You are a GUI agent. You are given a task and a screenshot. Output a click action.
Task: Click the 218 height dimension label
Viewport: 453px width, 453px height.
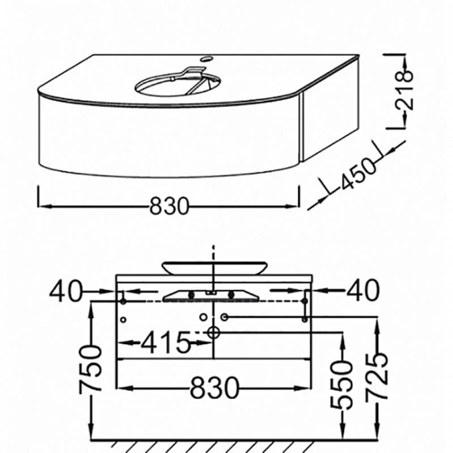[x=405, y=91]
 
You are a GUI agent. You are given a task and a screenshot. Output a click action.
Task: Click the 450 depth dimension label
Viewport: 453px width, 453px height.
[x=359, y=174]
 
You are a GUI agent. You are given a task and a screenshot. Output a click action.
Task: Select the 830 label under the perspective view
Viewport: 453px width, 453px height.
[x=169, y=206]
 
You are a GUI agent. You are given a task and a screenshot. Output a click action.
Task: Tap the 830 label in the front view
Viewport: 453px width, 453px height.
[x=215, y=388]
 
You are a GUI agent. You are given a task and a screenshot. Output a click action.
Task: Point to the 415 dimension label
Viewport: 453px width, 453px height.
[x=166, y=343]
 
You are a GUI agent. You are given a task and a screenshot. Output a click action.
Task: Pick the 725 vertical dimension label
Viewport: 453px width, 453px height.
[x=376, y=377]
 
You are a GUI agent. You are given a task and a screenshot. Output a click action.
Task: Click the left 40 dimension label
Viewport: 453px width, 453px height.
[x=66, y=291]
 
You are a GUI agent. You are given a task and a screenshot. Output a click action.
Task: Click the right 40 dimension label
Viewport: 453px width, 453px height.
[x=363, y=291]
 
